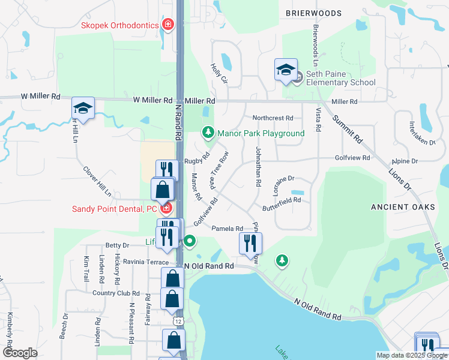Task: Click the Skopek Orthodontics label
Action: coord(119,25)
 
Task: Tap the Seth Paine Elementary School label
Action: coord(340,78)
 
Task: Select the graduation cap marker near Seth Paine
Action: coord(286,70)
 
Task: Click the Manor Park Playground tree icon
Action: coord(208,131)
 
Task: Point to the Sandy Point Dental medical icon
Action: coord(166,209)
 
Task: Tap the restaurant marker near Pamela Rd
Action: coord(250,242)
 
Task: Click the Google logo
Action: coord(20,352)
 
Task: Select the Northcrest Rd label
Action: coord(273,118)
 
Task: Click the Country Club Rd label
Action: coord(116,293)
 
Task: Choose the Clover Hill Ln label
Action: coord(97,181)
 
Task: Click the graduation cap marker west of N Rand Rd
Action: coord(83,109)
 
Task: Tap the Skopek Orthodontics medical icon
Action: coord(169,25)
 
